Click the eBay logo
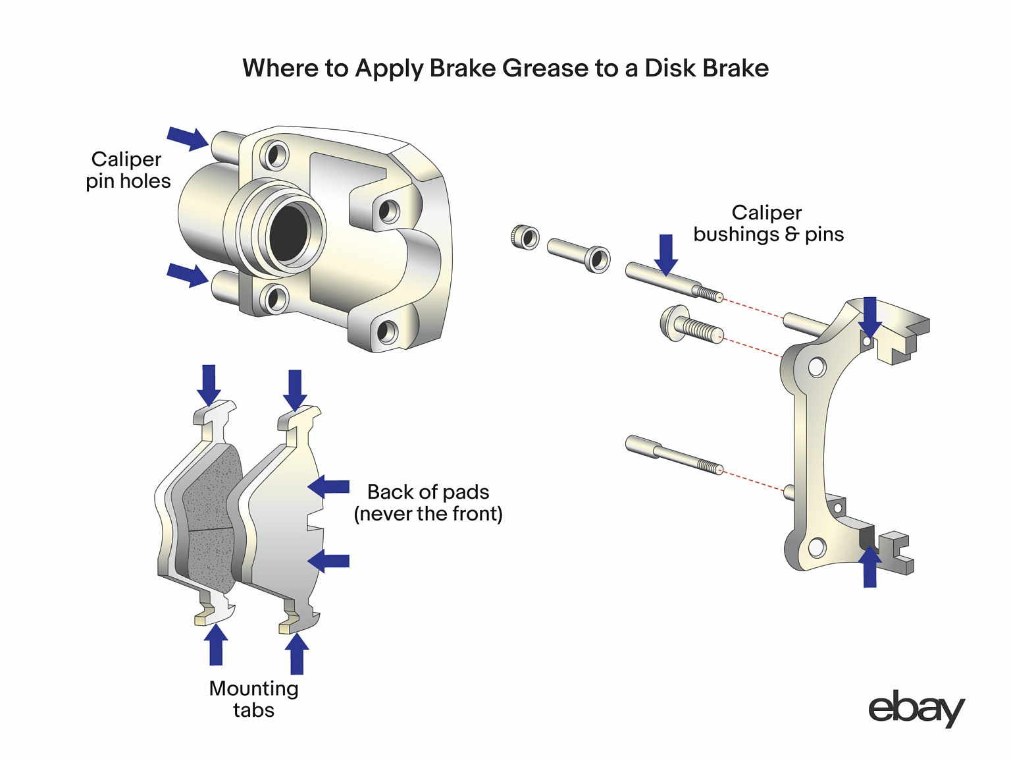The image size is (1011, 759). [x=916, y=709]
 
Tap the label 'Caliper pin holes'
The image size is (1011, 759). [x=128, y=170]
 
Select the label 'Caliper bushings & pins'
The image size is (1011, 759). [x=768, y=223]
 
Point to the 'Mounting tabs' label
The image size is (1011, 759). [x=253, y=699]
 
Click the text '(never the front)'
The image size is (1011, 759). [x=428, y=514]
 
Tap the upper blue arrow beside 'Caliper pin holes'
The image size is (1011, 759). [x=188, y=137]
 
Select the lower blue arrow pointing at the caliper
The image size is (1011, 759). [x=188, y=273]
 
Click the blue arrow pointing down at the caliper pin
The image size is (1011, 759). [x=666, y=254]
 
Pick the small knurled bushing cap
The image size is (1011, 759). [x=525, y=237]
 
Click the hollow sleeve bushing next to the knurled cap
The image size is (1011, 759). [x=579, y=254]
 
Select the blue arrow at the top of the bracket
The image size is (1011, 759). [x=869, y=316]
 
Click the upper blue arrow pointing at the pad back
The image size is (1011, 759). [x=328, y=487]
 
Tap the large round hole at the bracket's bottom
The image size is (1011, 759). [x=817, y=547]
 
